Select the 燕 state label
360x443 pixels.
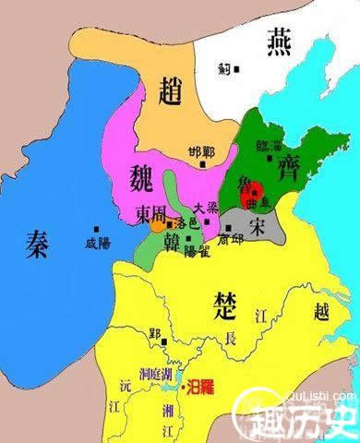(x=280, y=41)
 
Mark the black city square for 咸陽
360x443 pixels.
(x=97, y=229)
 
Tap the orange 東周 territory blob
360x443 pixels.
(x=160, y=222)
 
